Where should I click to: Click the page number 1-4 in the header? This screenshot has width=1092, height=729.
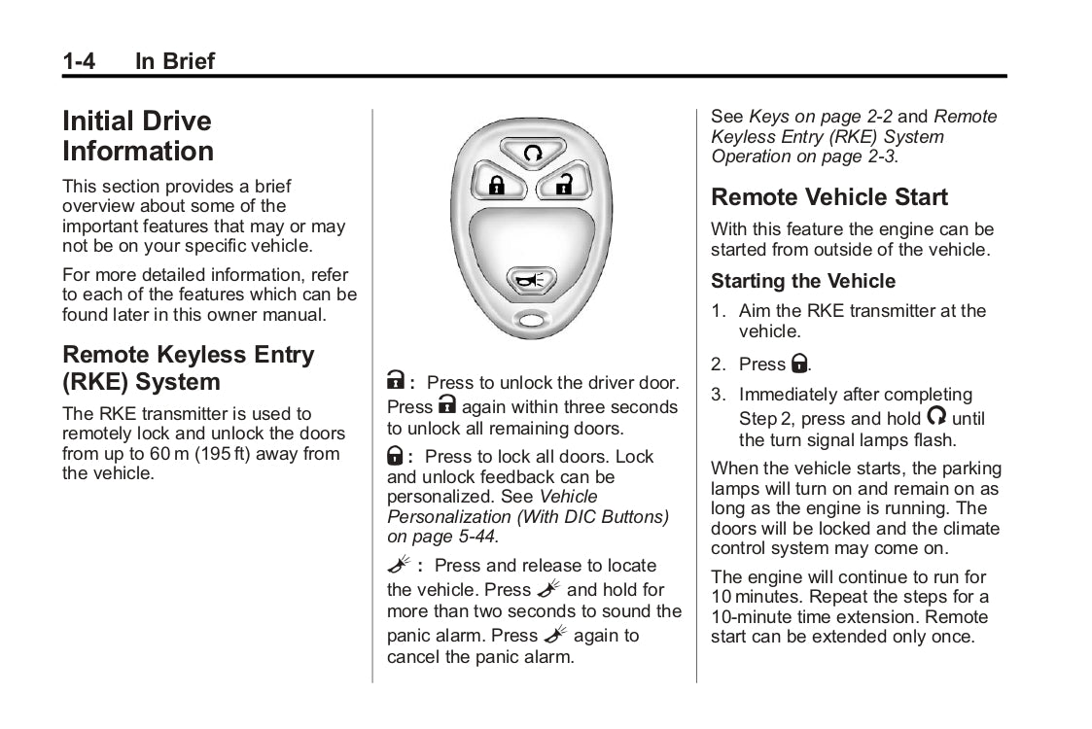[x=79, y=61]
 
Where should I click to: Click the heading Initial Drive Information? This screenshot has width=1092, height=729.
[x=137, y=136]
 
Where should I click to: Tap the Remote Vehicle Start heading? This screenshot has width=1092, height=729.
[x=828, y=197]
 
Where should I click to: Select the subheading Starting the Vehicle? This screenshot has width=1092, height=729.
[x=803, y=281]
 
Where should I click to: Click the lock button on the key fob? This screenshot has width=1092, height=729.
[x=497, y=184]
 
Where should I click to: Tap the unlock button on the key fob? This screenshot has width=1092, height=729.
[x=563, y=184]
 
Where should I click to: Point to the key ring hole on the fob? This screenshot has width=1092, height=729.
[x=530, y=319]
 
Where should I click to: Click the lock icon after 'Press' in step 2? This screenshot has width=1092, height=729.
[x=798, y=364]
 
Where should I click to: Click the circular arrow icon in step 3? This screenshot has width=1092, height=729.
[x=935, y=416]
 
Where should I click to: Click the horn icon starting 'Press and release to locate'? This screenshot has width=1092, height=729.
[x=398, y=566]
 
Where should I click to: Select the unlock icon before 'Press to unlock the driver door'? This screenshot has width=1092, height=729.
[x=396, y=383]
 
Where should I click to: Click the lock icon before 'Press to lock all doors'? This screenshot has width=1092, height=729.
[x=396, y=456]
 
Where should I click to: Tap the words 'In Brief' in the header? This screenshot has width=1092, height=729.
[x=175, y=61]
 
